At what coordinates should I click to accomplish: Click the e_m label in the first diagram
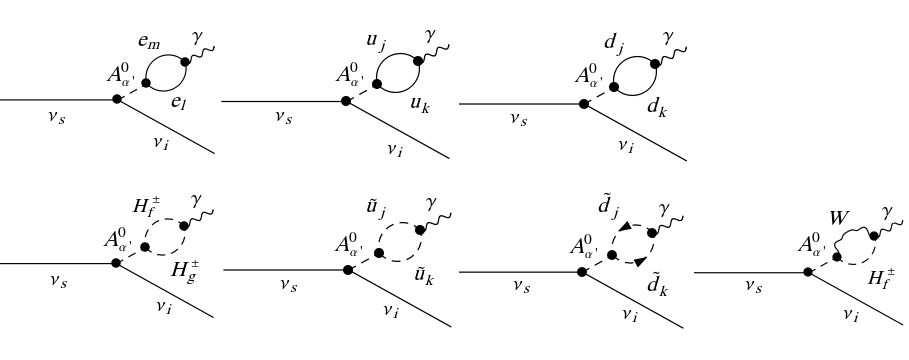tap(150, 43)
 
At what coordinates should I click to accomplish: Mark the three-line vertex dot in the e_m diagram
tap(117, 98)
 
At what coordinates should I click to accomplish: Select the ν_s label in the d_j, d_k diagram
tap(517, 120)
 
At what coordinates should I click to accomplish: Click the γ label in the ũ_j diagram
tap(431, 204)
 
